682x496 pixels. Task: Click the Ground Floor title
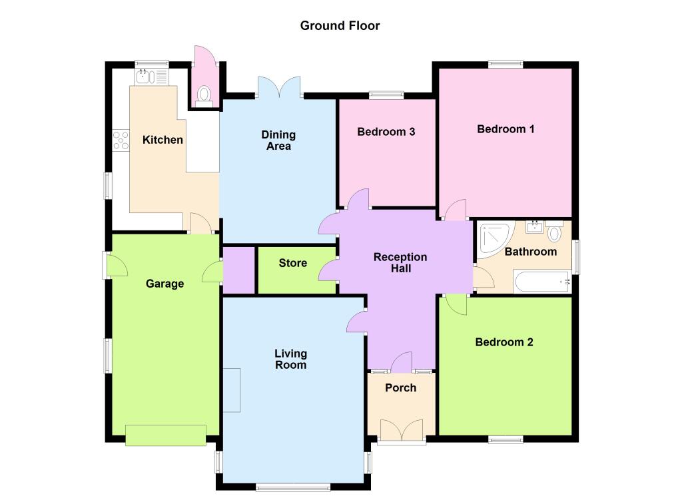point(340,26)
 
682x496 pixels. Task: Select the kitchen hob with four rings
point(121,140)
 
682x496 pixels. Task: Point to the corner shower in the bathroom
point(493,240)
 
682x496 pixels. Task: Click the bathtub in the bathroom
point(542,282)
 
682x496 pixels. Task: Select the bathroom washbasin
point(535,226)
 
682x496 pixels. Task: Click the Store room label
point(293,262)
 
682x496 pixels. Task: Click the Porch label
point(400,387)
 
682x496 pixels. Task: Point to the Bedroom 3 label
point(386,131)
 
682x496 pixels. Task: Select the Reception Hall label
point(400,262)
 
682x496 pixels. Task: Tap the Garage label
point(165,284)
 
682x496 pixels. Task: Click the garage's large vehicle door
point(166,435)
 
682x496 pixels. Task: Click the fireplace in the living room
point(232,390)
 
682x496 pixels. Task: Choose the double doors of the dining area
point(279,87)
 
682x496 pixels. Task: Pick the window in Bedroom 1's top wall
point(506,65)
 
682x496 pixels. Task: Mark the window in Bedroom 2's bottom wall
point(506,439)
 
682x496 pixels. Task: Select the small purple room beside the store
point(239,270)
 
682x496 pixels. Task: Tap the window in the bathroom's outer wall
point(576,257)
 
